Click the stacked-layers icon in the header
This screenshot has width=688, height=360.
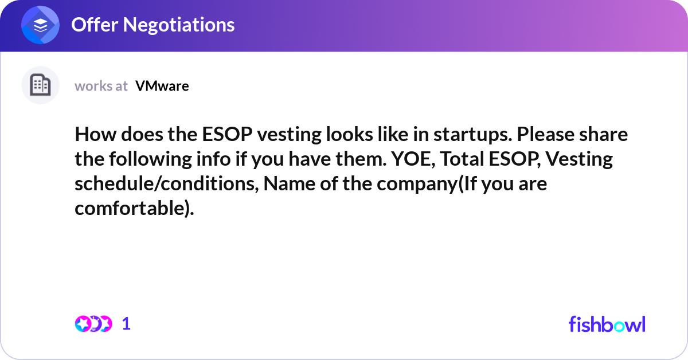41,25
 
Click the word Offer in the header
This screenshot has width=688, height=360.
92,25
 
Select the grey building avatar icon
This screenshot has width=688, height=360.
40,85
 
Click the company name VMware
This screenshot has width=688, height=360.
162,86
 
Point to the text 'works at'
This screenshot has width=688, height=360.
101,86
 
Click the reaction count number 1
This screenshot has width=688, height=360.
126,324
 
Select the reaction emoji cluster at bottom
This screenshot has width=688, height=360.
93,324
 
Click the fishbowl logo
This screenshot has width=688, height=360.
607,324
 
